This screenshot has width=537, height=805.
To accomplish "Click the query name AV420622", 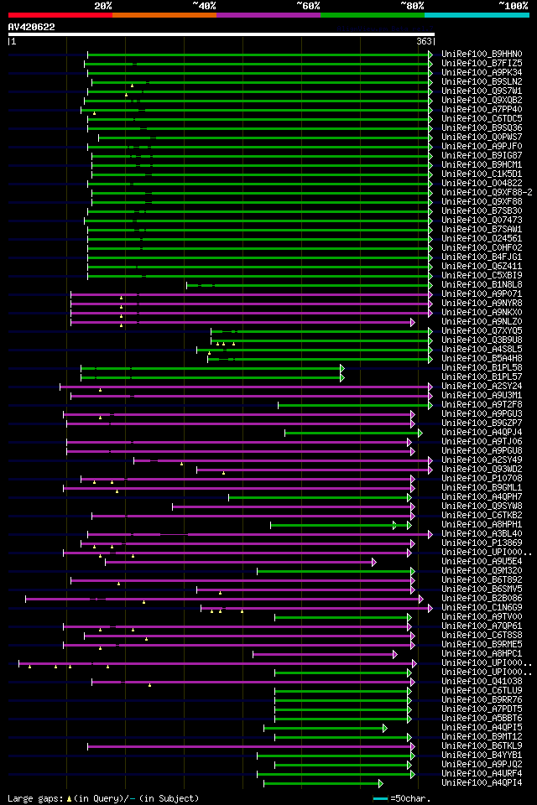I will coord(31,27).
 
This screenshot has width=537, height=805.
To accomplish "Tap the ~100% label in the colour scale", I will coord(513,5).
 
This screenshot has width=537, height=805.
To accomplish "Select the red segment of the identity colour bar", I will coord(60,14).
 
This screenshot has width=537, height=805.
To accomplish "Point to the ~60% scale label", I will coord(309,5).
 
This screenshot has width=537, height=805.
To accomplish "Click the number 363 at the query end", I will coord(424,41).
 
